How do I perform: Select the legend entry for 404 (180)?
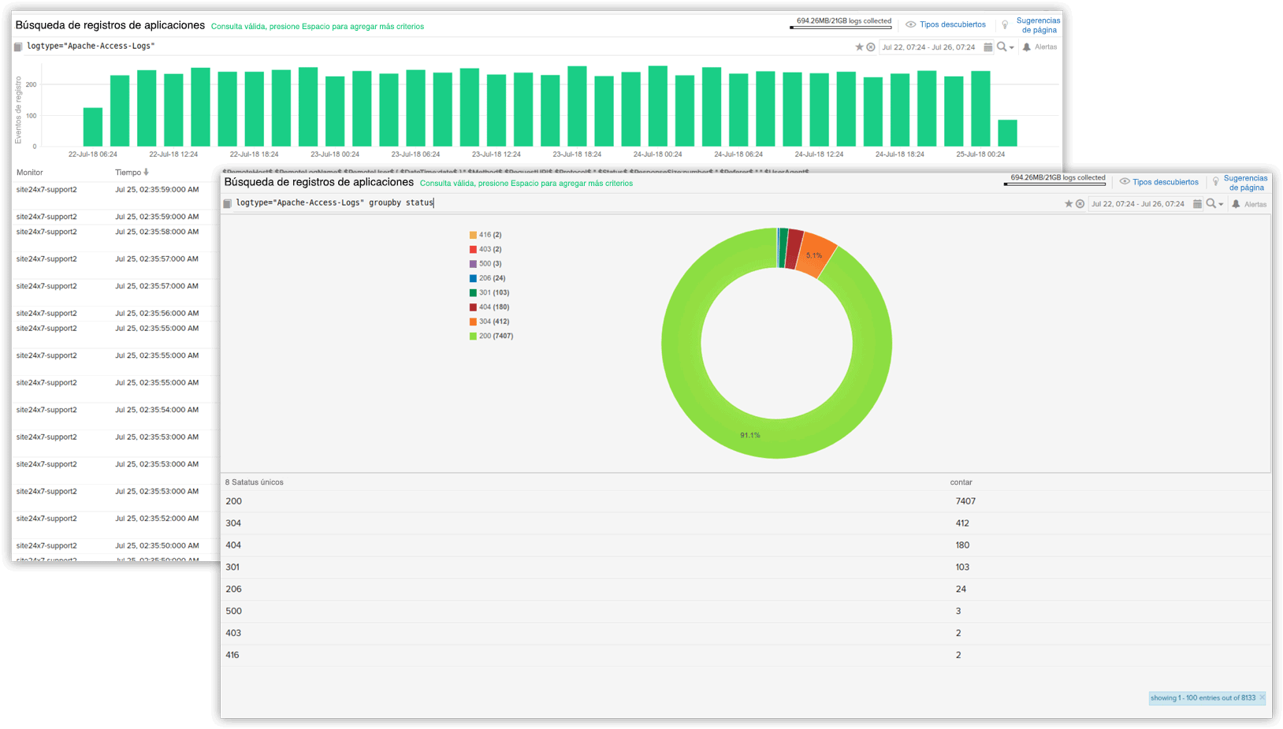pyautogui.click(x=494, y=307)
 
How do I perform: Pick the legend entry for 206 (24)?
pyautogui.click(x=492, y=278)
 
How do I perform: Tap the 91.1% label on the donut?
pyautogui.click(x=750, y=435)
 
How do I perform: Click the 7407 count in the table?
pyautogui.click(x=965, y=501)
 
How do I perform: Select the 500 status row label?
pyautogui.click(x=234, y=611)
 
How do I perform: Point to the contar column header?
pyautogui.click(x=961, y=482)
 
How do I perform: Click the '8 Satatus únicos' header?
pyautogui.click(x=255, y=482)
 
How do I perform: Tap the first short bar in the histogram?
pyautogui.click(x=93, y=127)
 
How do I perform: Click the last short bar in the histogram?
pyautogui.click(x=1007, y=133)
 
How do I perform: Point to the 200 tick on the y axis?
pyautogui.click(x=32, y=84)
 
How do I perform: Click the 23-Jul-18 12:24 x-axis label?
pyautogui.click(x=496, y=154)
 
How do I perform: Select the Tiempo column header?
pyautogui.click(x=128, y=173)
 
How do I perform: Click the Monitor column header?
pyautogui.click(x=30, y=173)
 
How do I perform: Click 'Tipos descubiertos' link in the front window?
pyautogui.click(x=1165, y=182)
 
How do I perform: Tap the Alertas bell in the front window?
pyautogui.click(x=1237, y=204)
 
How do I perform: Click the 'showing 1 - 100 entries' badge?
pyautogui.click(x=1203, y=698)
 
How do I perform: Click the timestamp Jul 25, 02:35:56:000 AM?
pyautogui.click(x=157, y=313)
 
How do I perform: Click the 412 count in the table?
pyautogui.click(x=962, y=523)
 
